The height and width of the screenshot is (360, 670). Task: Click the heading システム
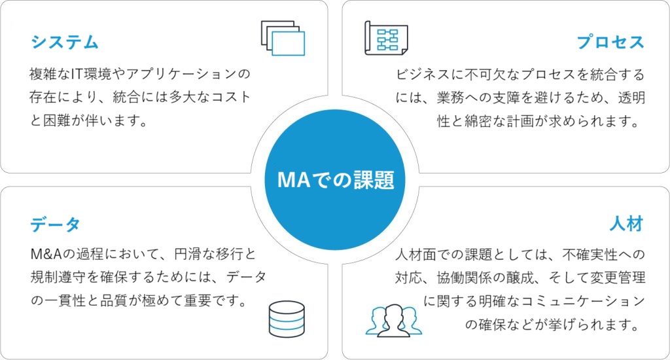(x=65, y=43)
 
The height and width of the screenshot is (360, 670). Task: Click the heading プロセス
(x=610, y=43)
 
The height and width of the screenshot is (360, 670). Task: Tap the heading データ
(x=56, y=224)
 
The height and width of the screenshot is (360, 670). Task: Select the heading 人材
(x=626, y=224)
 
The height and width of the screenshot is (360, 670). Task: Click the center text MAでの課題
(x=336, y=180)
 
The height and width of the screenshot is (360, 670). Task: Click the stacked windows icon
(x=283, y=38)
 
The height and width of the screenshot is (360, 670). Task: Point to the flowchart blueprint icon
(x=386, y=38)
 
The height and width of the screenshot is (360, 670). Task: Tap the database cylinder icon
(x=287, y=319)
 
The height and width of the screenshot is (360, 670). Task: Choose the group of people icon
(x=393, y=321)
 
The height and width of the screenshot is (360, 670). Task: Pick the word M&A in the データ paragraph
(x=46, y=255)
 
